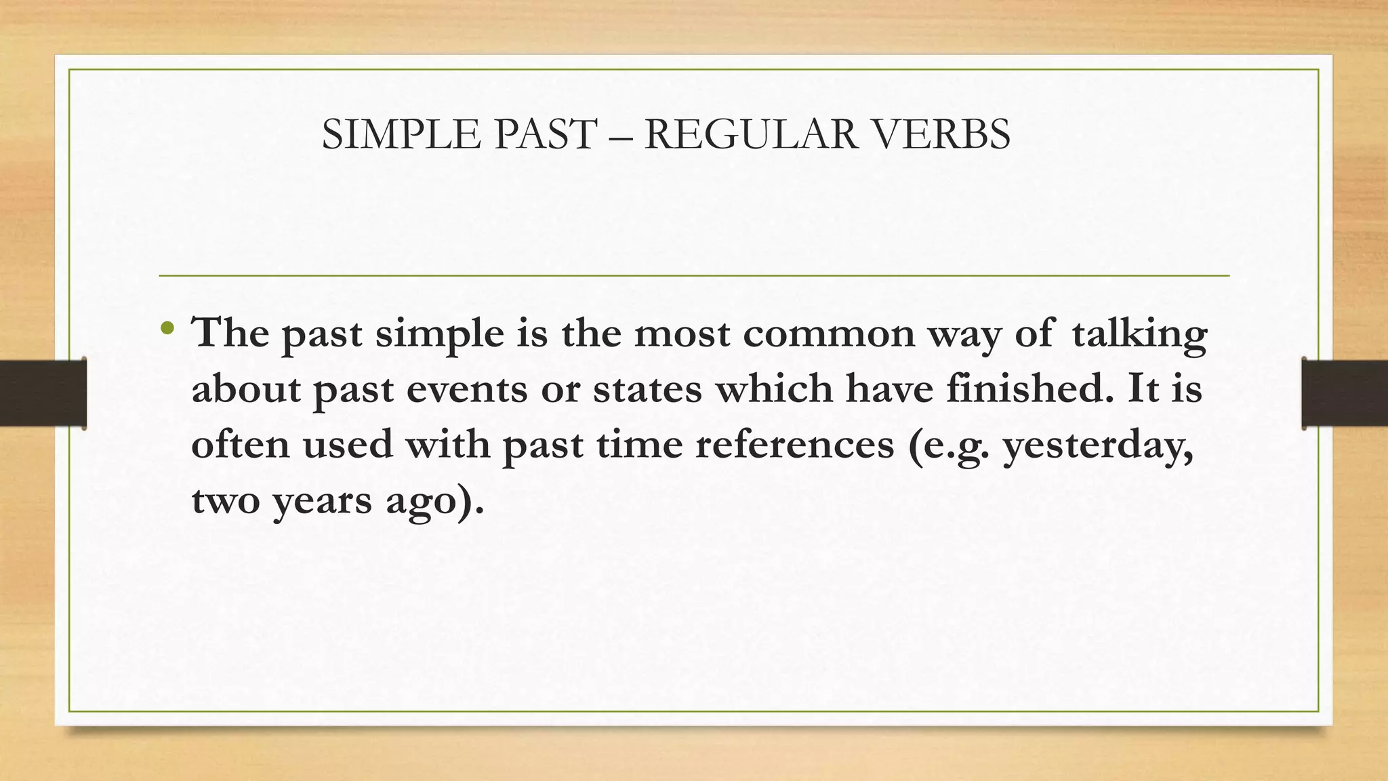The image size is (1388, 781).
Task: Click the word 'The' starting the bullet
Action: click(230, 333)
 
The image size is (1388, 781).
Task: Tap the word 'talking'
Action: click(1139, 334)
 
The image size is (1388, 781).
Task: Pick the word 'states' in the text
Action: click(647, 390)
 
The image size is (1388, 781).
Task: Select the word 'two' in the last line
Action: click(226, 501)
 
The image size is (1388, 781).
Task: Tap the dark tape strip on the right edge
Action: click(1345, 393)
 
